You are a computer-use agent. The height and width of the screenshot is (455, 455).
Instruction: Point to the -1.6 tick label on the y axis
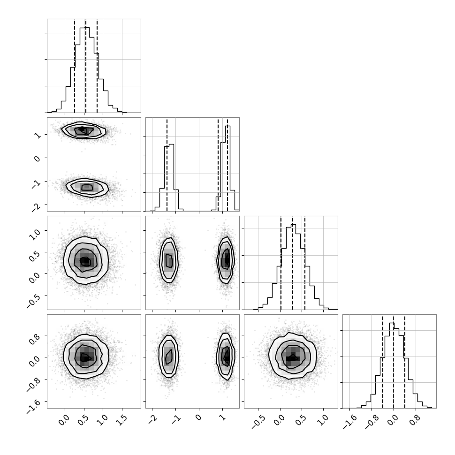tap(34, 406)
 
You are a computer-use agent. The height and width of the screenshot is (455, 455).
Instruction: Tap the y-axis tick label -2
tap(37, 207)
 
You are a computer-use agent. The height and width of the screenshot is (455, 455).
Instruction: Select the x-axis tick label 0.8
tap(413, 420)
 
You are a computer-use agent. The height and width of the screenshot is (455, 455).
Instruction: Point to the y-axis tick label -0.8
tap(34, 384)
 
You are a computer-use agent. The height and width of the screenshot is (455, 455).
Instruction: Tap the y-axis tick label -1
tap(37, 184)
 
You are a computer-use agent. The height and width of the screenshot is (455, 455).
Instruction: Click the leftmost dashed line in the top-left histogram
tap(75, 66)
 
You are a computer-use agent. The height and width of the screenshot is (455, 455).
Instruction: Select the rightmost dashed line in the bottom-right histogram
tap(405, 362)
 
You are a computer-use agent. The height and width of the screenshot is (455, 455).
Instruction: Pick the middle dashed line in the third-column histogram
tap(293, 263)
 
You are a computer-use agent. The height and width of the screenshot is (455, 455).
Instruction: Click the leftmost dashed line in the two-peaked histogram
tap(167, 165)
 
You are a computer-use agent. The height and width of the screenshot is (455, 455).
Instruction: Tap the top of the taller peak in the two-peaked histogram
tap(228, 126)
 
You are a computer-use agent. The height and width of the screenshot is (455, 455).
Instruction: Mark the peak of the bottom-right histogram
tap(392, 323)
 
